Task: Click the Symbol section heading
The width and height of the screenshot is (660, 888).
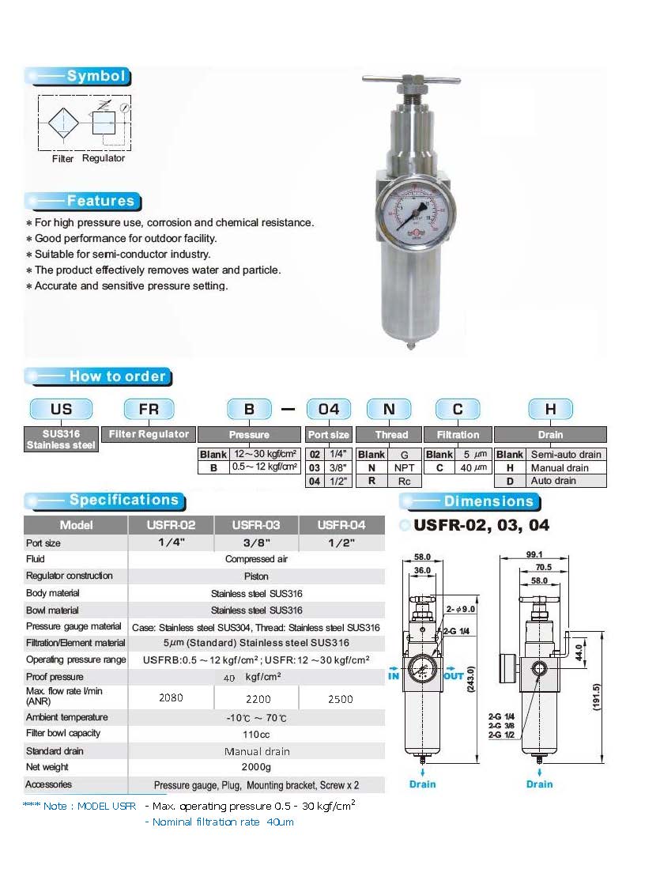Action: tap(96, 77)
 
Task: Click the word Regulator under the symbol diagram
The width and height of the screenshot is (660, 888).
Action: tap(104, 158)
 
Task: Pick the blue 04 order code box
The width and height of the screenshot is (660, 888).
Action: tap(329, 409)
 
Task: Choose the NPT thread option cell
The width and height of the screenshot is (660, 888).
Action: tap(405, 467)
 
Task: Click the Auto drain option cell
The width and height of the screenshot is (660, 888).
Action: tap(552, 481)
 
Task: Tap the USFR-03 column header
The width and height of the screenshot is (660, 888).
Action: tap(257, 525)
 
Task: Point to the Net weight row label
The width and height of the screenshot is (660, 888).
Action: tap(47, 767)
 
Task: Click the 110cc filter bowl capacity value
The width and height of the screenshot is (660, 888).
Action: tap(257, 734)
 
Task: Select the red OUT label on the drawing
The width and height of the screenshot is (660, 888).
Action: tap(454, 676)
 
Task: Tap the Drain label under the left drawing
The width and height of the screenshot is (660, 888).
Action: tap(423, 784)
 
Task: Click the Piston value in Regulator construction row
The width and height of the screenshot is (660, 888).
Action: tap(257, 576)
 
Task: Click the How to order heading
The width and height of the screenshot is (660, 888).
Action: tap(117, 376)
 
